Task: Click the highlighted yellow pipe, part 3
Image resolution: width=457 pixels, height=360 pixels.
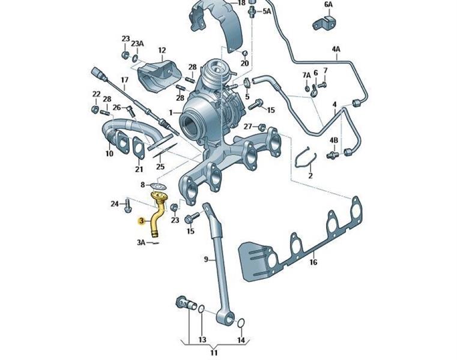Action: (157, 217)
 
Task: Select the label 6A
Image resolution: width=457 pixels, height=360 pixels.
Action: (328, 4)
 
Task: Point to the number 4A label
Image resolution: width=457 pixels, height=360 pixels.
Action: (336, 49)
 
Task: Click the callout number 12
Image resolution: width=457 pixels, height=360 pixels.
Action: (162, 50)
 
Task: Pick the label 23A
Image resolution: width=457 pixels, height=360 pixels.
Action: (138, 43)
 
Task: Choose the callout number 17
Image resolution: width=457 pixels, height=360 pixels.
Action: (124, 80)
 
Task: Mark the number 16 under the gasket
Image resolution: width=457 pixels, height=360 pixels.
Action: (313, 262)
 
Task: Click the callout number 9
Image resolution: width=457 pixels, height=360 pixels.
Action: (205, 259)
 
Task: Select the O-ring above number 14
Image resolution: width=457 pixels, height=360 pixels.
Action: (240, 324)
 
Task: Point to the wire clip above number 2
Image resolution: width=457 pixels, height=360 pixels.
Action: (304, 157)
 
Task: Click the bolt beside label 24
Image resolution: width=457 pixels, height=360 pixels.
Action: (128, 205)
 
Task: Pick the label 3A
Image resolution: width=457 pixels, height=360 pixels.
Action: (141, 242)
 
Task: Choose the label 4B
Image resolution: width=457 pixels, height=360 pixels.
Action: (334, 140)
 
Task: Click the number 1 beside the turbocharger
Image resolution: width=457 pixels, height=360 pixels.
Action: (171, 112)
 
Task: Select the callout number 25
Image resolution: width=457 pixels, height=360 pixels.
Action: (159, 166)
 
